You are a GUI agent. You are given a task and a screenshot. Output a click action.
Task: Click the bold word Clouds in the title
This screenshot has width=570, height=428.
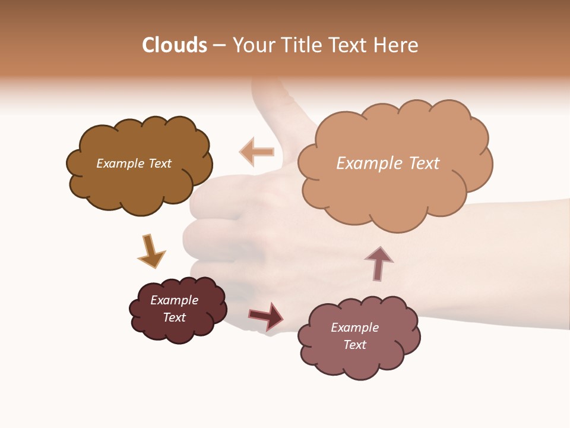[x=175, y=45]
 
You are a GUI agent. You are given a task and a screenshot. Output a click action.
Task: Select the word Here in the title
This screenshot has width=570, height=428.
[x=397, y=45]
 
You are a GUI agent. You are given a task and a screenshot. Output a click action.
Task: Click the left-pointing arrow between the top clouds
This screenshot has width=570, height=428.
[x=257, y=152]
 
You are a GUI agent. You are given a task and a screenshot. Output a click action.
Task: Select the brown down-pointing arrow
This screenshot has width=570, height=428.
[x=151, y=251]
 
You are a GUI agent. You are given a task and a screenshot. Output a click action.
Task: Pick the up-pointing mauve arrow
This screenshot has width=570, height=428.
[x=379, y=263]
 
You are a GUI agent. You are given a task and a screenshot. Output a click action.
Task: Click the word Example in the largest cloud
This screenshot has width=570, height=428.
[x=363, y=163]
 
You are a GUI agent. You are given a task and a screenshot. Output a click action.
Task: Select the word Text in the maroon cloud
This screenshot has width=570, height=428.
[x=175, y=317]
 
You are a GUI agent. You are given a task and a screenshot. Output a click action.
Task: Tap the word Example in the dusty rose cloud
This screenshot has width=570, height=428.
[x=354, y=328]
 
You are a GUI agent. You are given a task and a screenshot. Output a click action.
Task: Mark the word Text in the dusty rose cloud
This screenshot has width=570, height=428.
[x=354, y=345]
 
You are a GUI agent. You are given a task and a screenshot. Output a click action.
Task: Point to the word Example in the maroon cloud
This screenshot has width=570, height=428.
[x=175, y=300]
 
